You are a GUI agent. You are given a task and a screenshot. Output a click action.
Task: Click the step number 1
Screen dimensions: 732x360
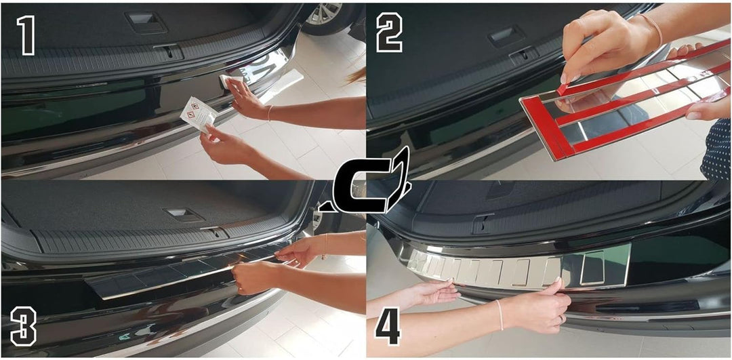tap(26, 36)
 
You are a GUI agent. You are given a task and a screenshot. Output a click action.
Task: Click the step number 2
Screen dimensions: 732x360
tap(389, 33)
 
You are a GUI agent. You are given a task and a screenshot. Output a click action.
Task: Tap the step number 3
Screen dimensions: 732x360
tap(23, 326)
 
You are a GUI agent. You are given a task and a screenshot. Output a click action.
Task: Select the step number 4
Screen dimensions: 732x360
tap(388, 325)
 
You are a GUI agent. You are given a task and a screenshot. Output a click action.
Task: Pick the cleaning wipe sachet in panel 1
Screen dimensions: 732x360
tap(199, 113)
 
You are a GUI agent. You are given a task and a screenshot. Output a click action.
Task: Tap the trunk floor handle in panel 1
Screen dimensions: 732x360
tap(146, 22)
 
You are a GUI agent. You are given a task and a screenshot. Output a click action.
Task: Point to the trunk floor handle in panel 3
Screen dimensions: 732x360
tap(184, 215)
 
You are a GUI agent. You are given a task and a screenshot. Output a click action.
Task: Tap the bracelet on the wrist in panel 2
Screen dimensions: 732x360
tap(651, 29)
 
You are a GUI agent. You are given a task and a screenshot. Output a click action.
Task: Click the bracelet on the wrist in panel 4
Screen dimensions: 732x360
tap(500, 315)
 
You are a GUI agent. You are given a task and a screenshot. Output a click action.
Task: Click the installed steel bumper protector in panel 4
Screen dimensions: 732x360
tap(518, 268)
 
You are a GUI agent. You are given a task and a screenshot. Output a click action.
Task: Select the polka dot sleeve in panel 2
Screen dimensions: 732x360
tap(718, 148)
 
